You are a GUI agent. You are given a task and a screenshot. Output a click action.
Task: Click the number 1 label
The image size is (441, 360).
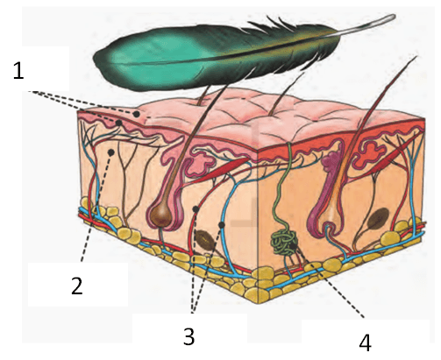[18, 70]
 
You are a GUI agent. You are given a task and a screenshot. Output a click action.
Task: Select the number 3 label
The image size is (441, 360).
[189, 335]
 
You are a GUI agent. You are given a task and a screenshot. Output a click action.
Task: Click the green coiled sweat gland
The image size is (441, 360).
[284, 242]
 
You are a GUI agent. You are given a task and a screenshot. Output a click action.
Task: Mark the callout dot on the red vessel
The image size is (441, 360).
[196, 209]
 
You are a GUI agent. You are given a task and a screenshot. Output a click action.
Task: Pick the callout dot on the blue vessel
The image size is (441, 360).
[222, 224]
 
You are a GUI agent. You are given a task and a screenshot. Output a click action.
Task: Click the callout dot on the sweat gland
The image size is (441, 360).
[293, 246]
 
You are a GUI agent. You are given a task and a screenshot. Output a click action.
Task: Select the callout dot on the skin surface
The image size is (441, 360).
[136, 114]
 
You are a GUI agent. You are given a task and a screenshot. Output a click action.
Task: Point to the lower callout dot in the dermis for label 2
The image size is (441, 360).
[111, 152]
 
